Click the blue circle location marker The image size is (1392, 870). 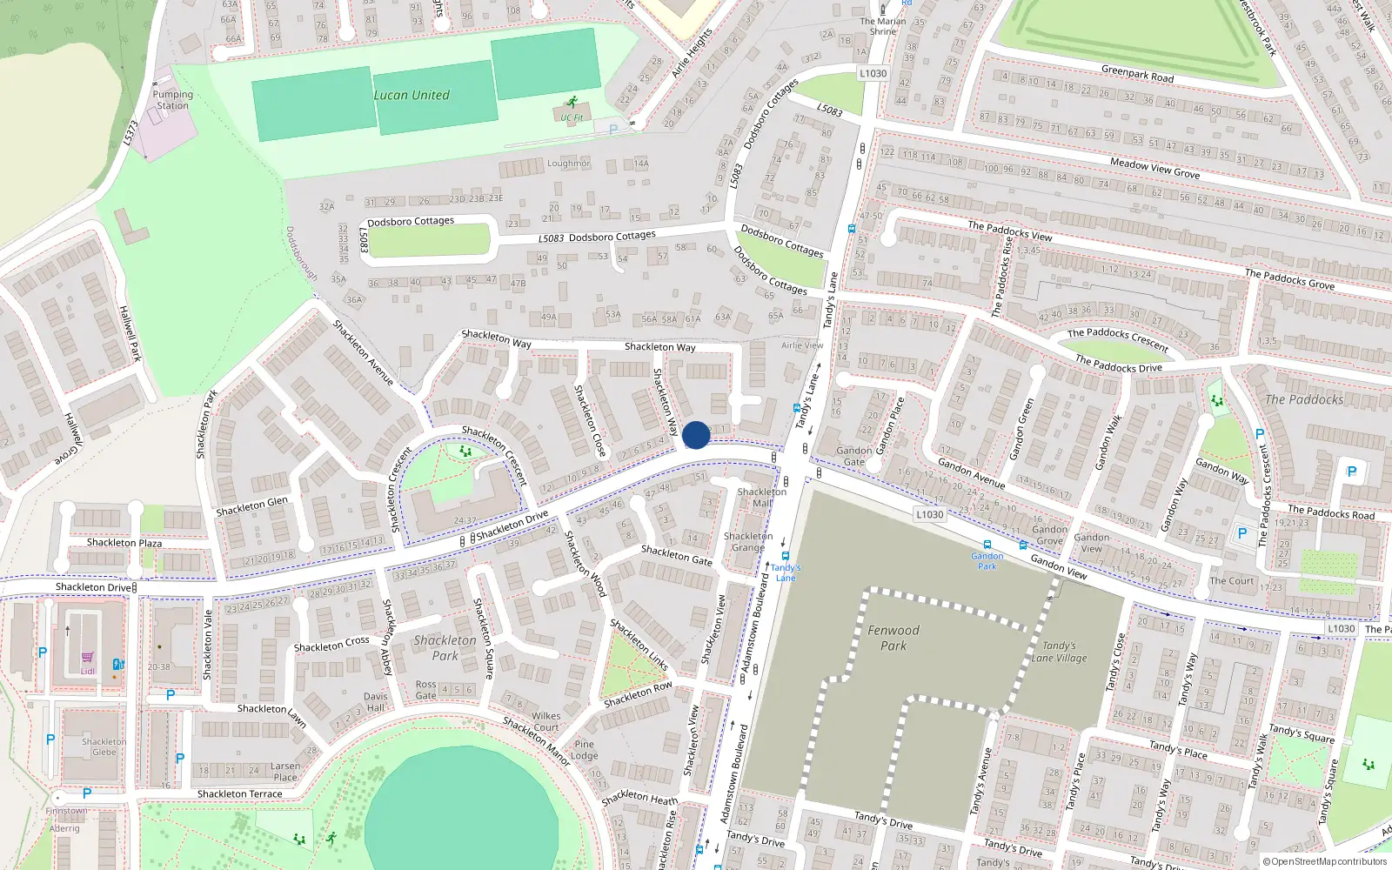coord(696,435)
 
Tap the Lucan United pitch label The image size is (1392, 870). coord(412,95)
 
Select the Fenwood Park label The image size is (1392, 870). coord(893,638)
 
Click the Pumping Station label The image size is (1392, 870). coord(172,100)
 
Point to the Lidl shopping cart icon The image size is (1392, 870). coord(87,659)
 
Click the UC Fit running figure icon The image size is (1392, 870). coord(572,103)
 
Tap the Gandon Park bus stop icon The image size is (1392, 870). coord(987,545)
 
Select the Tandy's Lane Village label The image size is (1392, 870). coord(1059,652)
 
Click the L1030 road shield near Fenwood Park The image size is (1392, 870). coord(929,514)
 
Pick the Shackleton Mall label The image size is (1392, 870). coord(762,497)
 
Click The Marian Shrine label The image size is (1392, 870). coord(883,26)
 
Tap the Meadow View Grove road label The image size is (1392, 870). coord(1154,168)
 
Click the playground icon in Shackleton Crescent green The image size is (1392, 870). coord(465,451)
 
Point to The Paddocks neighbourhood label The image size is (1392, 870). coord(1303,399)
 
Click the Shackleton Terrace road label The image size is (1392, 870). coord(239,793)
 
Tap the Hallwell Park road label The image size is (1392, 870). coord(130,334)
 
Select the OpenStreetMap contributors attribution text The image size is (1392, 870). coord(1324,862)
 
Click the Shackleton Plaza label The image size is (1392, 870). coord(124,542)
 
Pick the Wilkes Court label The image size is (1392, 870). coord(545,721)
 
